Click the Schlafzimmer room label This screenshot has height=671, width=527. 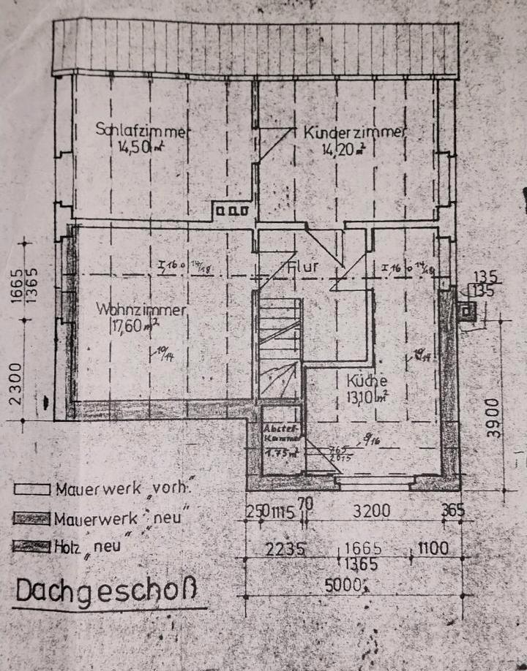(143, 130)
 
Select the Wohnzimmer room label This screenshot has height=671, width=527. (142, 310)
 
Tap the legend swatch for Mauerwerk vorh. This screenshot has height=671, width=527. (31, 489)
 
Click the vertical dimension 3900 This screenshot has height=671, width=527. (494, 417)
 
